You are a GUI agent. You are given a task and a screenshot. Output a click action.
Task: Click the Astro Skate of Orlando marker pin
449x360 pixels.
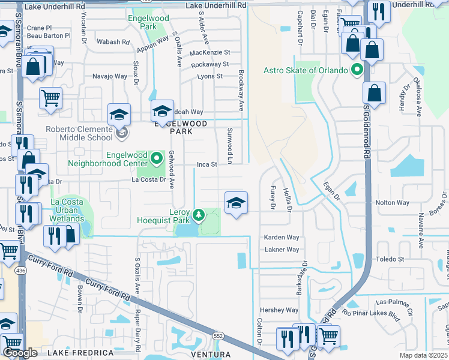point(358,70)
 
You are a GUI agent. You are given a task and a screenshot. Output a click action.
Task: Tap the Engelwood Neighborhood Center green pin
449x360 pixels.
point(157,158)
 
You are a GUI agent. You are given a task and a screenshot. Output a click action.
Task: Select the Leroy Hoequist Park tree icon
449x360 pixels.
point(198,214)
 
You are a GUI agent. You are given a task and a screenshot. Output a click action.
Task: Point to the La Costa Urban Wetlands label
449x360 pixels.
point(67,210)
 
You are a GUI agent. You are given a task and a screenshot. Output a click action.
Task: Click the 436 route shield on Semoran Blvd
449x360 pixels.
point(22,254)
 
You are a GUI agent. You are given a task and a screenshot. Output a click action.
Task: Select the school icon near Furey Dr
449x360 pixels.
point(236,203)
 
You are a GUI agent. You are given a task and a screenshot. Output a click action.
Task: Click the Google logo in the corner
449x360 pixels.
point(20,353)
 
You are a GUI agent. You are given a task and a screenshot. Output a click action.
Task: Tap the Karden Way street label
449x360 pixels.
point(282,238)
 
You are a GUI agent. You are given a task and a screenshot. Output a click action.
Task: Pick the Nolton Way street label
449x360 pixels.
point(393,203)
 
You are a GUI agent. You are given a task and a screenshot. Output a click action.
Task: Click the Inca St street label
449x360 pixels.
point(207,164)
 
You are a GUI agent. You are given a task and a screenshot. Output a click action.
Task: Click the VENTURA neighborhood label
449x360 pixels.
point(210,355)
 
